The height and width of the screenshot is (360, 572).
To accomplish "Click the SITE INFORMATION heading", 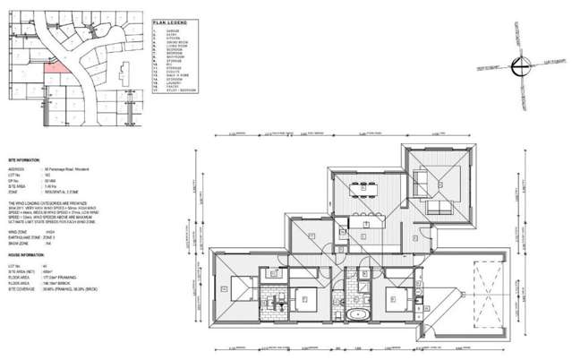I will tap(23, 158).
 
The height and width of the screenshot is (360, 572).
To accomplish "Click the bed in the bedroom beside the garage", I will tap(393, 299).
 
